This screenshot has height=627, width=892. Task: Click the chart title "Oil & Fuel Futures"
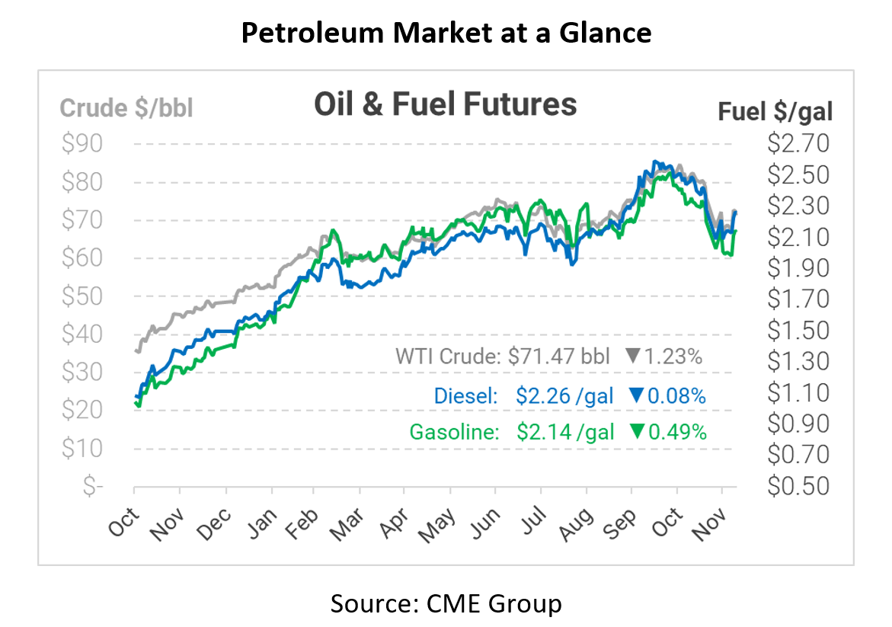click(x=446, y=104)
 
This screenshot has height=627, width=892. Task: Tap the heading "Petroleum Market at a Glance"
click(x=446, y=32)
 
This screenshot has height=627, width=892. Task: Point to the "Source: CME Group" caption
click(x=446, y=603)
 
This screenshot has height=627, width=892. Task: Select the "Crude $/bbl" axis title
click(x=126, y=108)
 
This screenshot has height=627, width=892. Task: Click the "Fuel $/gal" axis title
click(x=775, y=112)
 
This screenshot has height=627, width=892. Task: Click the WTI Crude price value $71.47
click(x=545, y=356)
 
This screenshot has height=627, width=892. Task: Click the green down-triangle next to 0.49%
click(x=636, y=432)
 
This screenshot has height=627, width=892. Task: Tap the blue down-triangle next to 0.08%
click(x=636, y=395)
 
